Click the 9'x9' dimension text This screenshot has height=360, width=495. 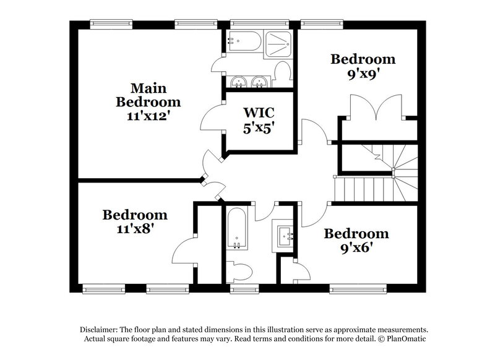[x=363, y=72]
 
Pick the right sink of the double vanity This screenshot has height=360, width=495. [x=259, y=82]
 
